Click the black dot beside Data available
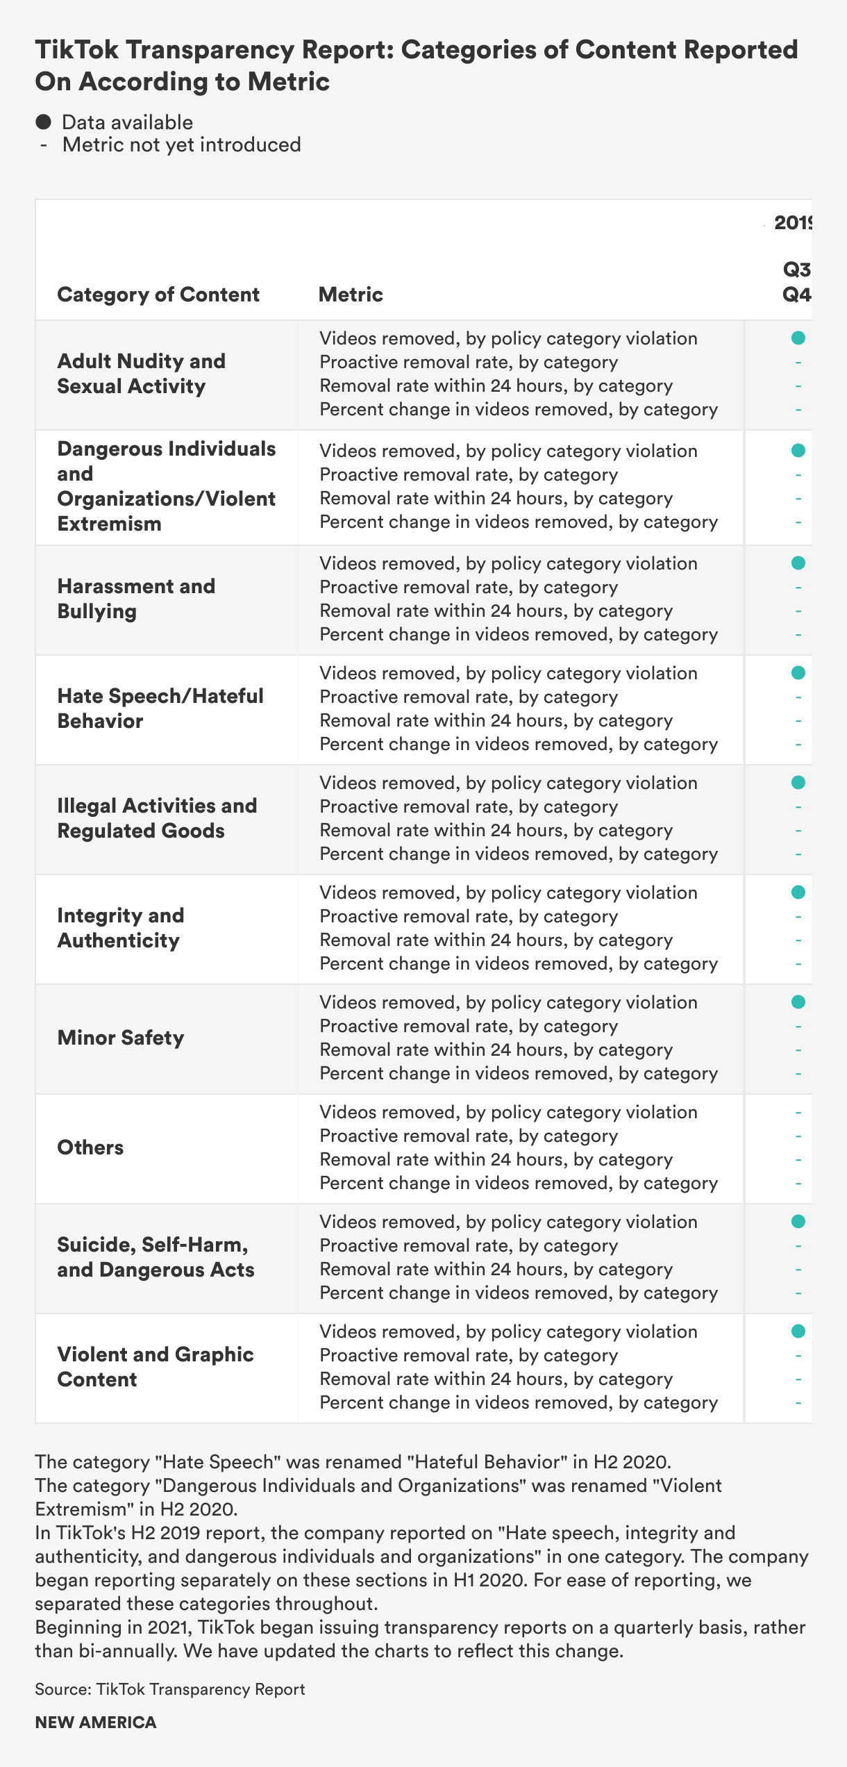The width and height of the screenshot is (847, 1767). [44, 122]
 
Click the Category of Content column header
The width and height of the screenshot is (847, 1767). [158, 294]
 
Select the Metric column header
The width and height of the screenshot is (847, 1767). [351, 294]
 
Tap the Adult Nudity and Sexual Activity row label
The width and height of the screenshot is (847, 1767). [142, 374]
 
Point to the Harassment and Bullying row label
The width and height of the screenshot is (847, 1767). [136, 599]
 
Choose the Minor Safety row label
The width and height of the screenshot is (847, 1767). [121, 1038]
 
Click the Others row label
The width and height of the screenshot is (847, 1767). [90, 1147]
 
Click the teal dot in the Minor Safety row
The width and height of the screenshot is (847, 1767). [798, 1002]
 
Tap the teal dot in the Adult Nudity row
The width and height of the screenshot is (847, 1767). [798, 338]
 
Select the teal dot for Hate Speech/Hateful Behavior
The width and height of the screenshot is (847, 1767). [798, 673]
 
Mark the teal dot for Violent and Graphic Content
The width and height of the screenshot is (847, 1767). [798, 1332]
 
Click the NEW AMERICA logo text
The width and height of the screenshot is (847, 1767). [96, 1723]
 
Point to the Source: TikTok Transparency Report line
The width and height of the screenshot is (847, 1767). [170, 1689]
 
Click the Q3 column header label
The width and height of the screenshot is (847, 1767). [796, 269]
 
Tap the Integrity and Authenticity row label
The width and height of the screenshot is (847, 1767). [121, 928]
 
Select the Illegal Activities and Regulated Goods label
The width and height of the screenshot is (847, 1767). [157, 818]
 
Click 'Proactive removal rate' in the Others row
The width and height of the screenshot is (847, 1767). [469, 1136]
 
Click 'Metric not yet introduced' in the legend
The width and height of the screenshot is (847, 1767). [181, 144]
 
